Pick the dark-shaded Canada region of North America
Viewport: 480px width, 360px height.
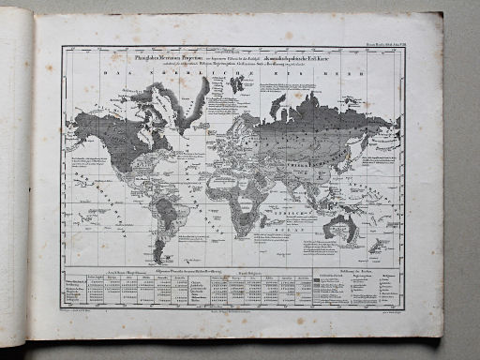click(131, 122)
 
